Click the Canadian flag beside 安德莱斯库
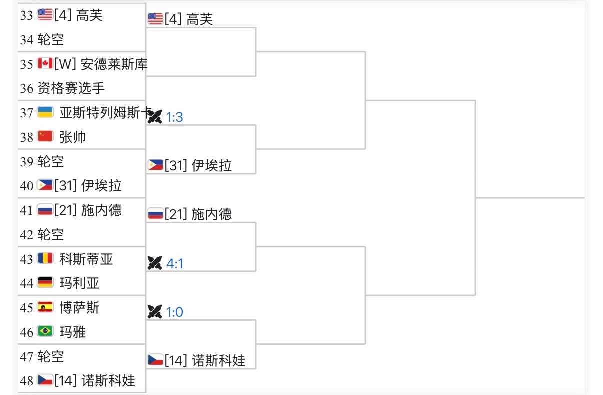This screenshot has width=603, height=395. click(x=45, y=64)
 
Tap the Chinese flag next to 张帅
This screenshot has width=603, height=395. click(x=45, y=136)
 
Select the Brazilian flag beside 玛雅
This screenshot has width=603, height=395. click(x=45, y=331)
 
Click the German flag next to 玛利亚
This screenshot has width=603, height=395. click(x=45, y=283)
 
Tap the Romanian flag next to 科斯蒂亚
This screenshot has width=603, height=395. click(x=45, y=259)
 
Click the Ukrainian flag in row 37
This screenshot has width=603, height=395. click(x=45, y=112)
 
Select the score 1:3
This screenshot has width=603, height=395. click(x=174, y=117)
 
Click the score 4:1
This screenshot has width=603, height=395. click(x=174, y=263)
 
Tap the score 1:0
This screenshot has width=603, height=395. click(x=174, y=312)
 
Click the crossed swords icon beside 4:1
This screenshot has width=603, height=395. click(x=155, y=263)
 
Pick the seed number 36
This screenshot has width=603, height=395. click(x=27, y=88)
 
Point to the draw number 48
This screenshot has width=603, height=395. click(x=27, y=381)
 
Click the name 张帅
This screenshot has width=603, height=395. click(x=72, y=137)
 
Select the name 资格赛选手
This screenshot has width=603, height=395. click(x=71, y=88)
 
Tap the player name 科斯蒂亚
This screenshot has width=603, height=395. click(x=86, y=259)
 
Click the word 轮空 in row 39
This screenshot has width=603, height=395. click(x=51, y=161)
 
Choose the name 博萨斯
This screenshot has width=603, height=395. click(x=79, y=307)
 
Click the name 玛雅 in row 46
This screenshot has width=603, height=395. click(x=72, y=332)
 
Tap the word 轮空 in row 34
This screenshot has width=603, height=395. click(x=51, y=40)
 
